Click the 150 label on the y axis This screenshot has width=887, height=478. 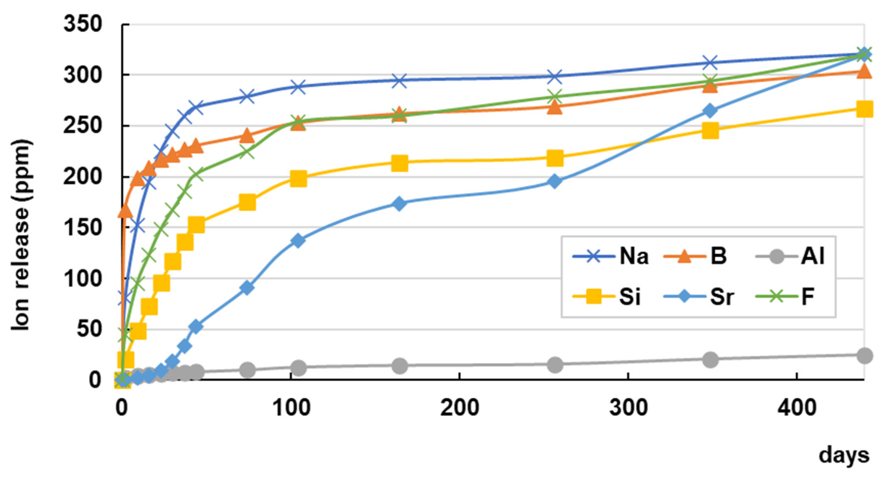[83, 228]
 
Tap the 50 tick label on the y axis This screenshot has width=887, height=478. [89, 329]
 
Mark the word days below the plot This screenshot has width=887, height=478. [844, 456]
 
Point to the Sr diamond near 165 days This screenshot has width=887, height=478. [399, 203]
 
